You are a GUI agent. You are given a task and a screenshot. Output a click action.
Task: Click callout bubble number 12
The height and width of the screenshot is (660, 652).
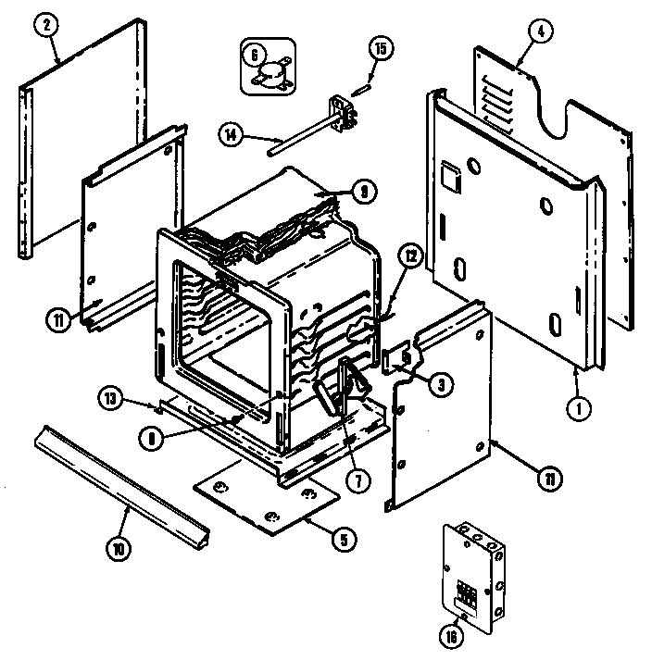[x=412, y=256]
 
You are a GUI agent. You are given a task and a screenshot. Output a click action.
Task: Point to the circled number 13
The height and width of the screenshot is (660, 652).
[x=110, y=398]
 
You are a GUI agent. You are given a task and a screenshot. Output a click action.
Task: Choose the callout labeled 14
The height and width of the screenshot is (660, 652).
[x=232, y=134]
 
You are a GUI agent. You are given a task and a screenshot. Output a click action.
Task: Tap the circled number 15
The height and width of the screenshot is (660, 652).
[x=379, y=47]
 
